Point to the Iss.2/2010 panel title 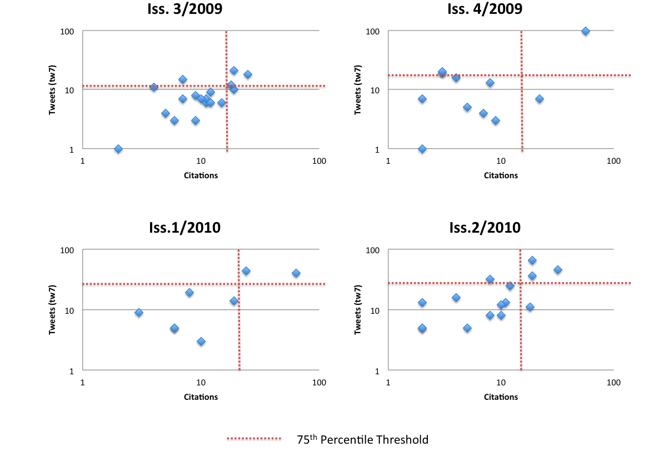click(485, 228)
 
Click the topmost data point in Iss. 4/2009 click(585, 31)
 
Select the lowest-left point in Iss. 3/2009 click(118, 149)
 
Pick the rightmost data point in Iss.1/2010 click(296, 273)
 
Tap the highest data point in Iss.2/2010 click(532, 260)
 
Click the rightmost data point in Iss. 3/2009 click(248, 74)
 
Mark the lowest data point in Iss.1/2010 click(201, 341)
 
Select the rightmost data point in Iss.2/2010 click(558, 270)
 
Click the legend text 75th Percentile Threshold click(363, 440)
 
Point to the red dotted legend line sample click(254, 439)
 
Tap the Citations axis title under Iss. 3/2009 click(201, 175)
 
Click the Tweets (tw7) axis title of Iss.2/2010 click(359, 309)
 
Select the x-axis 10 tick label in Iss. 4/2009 click(501, 161)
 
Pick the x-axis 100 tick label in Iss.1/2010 click(319, 382)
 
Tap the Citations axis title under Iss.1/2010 click(201, 396)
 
